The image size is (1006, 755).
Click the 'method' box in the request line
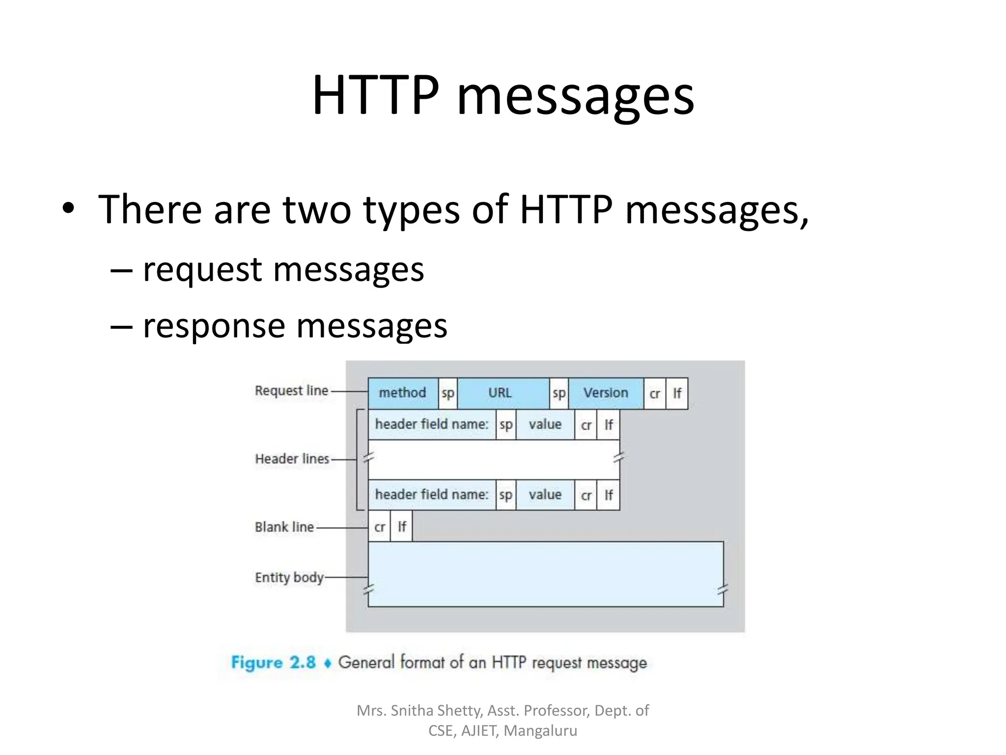point(403,393)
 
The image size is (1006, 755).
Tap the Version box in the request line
point(606,393)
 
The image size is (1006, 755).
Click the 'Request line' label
point(291,391)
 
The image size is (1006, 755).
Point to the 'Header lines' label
point(292,459)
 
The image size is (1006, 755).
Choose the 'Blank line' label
point(284,527)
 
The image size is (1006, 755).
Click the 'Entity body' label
point(289,577)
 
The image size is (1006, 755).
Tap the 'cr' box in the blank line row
point(379,527)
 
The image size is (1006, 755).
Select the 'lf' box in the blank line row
point(401,527)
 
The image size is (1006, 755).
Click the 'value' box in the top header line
point(545,425)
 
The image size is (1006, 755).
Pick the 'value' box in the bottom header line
point(545,495)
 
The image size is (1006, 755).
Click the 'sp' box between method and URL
point(447,393)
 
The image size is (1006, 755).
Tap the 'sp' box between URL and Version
point(559,393)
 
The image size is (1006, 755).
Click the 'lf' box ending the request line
point(677,393)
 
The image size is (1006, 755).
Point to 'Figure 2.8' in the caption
point(273,662)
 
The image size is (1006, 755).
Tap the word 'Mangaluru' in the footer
point(540,731)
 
